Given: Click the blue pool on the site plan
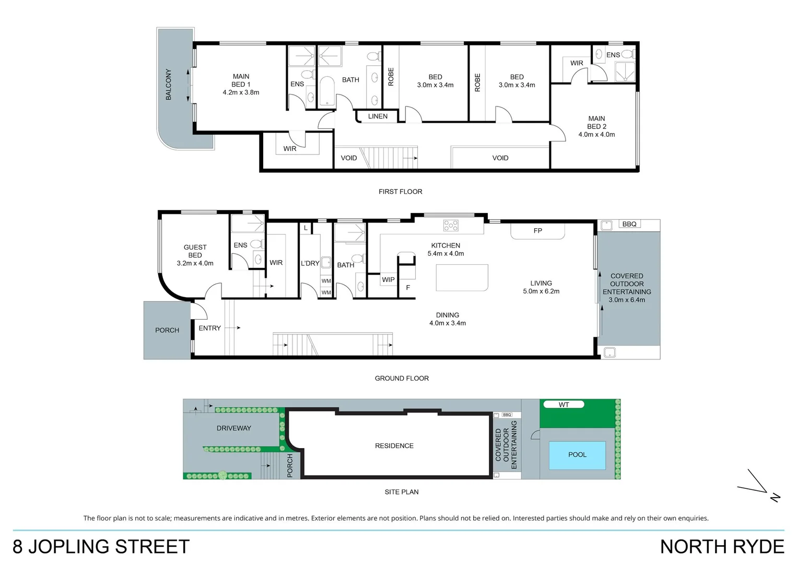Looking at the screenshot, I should tap(577, 455).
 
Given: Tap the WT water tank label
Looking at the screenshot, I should tap(564, 405).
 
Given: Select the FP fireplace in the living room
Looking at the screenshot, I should tap(537, 231).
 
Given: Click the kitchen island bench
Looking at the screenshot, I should tap(462, 277).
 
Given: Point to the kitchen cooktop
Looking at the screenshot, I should tap(451, 225).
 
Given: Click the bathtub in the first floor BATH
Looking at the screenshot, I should tap(327, 92).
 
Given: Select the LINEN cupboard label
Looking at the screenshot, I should tap(378, 116).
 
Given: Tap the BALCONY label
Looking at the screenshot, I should tap(168, 84).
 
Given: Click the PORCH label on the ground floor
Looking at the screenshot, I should tap(167, 330).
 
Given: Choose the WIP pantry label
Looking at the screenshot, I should tap(388, 280).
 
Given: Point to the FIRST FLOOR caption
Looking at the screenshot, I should tap(401, 192).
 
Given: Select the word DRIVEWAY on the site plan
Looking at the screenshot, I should tap(234, 428).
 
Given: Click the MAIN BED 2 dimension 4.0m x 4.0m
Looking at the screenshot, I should tap(596, 135).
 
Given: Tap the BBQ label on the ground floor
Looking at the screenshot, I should tap(629, 224).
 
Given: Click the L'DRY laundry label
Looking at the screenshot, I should tap(310, 263).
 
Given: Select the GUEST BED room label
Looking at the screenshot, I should tap(195, 251).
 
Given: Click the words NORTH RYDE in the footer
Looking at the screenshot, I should tap(722, 547).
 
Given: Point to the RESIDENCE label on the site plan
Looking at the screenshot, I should tap(394, 446).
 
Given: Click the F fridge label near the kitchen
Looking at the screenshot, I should tap(408, 288).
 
